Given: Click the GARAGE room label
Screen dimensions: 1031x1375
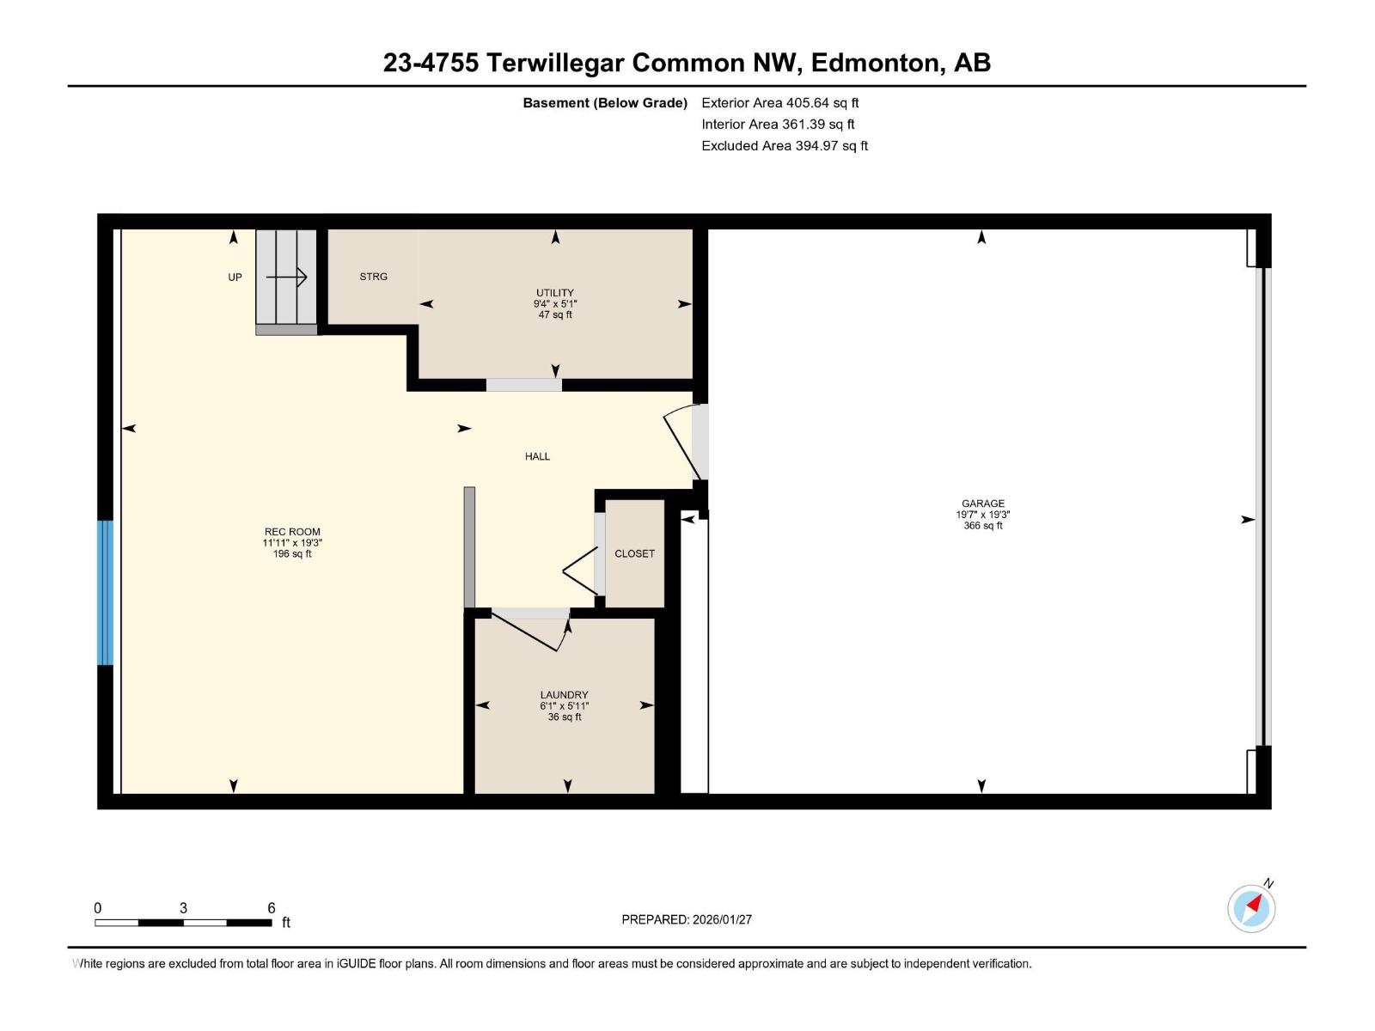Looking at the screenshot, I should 982,504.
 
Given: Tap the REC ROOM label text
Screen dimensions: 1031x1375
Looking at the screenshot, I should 292,532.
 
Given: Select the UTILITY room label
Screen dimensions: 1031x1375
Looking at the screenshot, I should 555,293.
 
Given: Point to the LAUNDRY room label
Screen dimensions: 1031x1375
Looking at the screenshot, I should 564,695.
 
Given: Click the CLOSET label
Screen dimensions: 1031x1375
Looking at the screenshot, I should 634,554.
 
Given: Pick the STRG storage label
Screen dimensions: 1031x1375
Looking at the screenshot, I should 373,277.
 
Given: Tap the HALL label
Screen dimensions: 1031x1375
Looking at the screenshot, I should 537,457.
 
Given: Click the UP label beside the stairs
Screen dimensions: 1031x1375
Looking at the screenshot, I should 235,278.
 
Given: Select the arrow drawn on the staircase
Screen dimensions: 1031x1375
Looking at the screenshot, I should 287,277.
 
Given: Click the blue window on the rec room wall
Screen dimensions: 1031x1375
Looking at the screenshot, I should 105,593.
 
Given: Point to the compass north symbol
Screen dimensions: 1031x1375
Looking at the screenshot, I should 1252,907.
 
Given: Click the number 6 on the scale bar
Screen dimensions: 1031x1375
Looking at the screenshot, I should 271,908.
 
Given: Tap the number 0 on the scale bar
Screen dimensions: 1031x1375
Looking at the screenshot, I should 98,908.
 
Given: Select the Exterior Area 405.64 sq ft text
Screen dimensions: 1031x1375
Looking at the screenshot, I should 779,103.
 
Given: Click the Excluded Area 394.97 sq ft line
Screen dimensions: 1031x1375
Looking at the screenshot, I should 784,146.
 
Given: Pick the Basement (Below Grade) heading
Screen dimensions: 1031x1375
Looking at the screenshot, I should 605,103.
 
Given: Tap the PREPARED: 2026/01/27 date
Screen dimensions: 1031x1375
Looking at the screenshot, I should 687,919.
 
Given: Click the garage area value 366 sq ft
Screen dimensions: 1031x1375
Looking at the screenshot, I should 982,526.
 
